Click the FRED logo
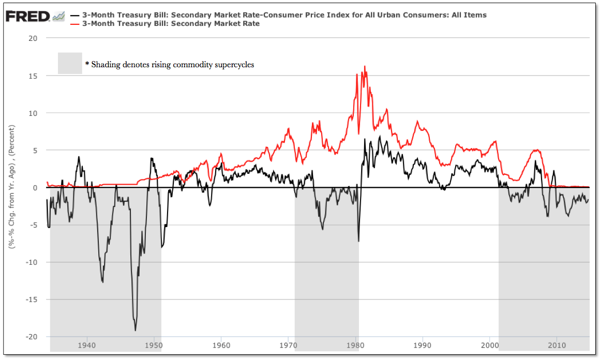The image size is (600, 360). (x=28, y=16)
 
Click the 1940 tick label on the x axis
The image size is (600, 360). (x=86, y=344)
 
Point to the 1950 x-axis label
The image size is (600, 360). (x=154, y=344)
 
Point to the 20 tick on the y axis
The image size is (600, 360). (x=34, y=38)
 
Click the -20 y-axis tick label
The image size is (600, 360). (x=32, y=336)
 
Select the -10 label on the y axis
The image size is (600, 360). (x=32, y=262)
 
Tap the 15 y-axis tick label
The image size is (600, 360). (x=34, y=76)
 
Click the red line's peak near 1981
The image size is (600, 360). (x=365, y=66)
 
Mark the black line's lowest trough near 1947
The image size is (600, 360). (x=136, y=331)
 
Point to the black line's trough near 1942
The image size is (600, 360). (x=102, y=282)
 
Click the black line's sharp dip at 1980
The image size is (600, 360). (x=358, y=241)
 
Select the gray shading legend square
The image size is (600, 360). (x=70, y=63)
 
